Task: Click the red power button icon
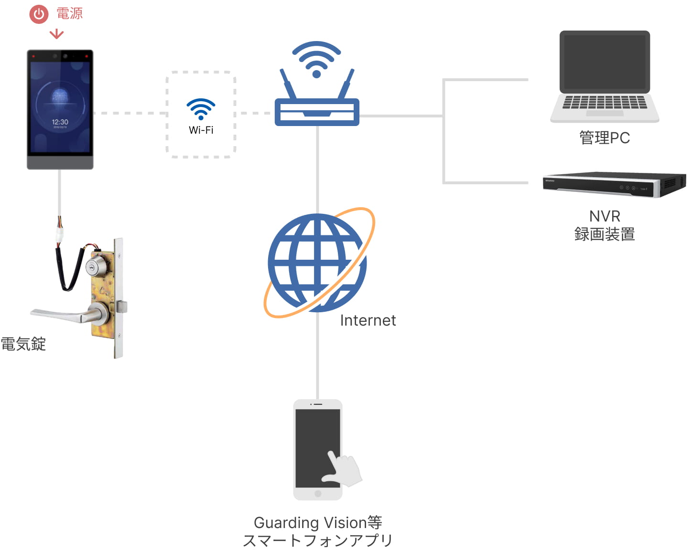[x=39, y=14]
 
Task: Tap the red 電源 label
[x=69, y=13]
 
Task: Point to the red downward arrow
[x=56, y=34]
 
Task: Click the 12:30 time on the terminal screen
[x=60, y=122]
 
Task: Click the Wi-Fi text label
[x=201, y=130]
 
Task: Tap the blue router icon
[x=317, y=84]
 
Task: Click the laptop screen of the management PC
[x=605, y=62]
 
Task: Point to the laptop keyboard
[x=605, y=103]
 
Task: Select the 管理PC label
[x=605, y=138]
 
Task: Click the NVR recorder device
[x=614, y=185]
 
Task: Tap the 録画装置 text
[x=605, y=234]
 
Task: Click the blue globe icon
[x=317, y=263]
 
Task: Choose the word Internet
[x=368, y=320]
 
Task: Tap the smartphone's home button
[x=318, y=494]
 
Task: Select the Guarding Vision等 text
[x=318, y=523]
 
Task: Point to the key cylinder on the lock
[x=96, y=265]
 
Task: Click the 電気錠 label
[x=23, y=344]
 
